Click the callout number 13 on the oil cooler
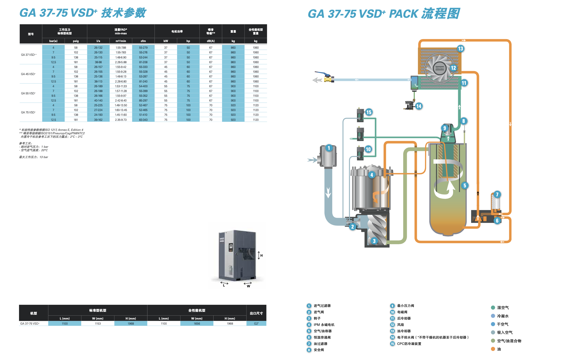(x=461, y=49)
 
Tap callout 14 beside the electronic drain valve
(x=419, y=106)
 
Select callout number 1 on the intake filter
(x=329, y=148)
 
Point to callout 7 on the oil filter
(x=497, y=195)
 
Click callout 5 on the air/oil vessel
(x=465, y=186)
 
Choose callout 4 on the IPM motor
(x=372, y=175)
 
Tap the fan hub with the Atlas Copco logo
(x=440, y=68)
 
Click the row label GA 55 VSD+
(x=28, y=93)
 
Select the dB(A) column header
(x=211, y=41)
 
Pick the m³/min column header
(x=121, y=41)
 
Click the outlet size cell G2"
(x=256, y=324)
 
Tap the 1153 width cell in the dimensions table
(x=98, y=324)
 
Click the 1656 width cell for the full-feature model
(x=197, y=324)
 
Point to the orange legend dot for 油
(x=493, y=349)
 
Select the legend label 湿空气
(x=503, y=308)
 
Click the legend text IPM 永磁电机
(x=324, y=325)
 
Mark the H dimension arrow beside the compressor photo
(x=259, y=255)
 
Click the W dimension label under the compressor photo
(x=248, y=286)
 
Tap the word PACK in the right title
(x=403, y=14)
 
